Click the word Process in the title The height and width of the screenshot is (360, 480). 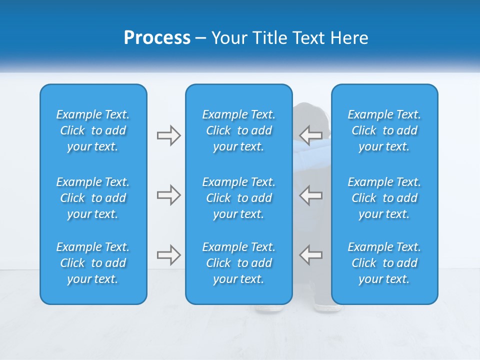click(157, 37)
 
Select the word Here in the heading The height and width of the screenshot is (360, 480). click(348, 37)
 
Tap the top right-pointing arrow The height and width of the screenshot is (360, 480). click(168, 135)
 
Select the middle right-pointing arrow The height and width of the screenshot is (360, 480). click(168, 195)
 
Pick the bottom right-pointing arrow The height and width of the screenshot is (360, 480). click(168, 255)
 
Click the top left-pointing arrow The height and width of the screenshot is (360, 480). click(310, 135)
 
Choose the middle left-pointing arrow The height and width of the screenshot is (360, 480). click(310, 195)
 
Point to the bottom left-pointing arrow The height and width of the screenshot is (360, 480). click(310, 254)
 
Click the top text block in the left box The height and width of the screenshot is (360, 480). click(93, 130)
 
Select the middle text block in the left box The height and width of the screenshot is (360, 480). click(93, 198)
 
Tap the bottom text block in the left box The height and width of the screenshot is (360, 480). click(93, 263)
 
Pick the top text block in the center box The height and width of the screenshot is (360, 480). click(238, 130)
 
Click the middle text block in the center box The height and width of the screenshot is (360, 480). click(238, 198)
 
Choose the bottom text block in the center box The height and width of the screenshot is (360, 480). click(238, 263)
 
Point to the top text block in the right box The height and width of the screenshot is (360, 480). click(384, 130)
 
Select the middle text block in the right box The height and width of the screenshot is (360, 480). click(384, 198)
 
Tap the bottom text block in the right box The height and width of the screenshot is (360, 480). click(384, 263)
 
